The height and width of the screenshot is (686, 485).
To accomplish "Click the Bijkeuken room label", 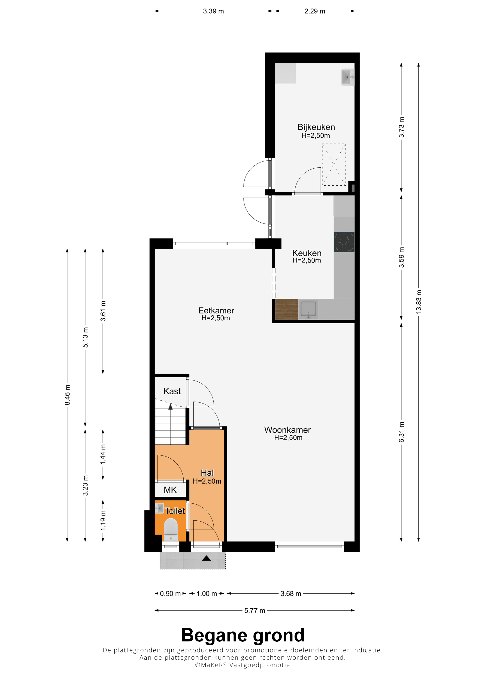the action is pos(316,127).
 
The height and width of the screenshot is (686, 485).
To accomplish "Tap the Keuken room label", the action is pos(307,253).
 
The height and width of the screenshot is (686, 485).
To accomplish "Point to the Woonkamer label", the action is pos(288,430).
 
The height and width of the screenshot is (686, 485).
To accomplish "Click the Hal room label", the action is pos(207,473).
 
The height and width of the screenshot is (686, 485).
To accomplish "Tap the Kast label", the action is pos(172,391).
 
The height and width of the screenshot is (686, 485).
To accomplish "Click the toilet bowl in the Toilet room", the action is pos(171,530).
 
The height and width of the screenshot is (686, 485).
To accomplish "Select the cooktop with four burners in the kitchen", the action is pos(344,242).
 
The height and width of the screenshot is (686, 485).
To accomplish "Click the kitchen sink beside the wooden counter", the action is pos(308,309).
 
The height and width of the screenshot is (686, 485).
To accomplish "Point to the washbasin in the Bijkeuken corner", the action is pos(348,77).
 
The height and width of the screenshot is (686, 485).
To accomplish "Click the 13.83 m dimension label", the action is pos(419,302).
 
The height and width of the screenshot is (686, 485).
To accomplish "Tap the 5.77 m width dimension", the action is pos(255,611).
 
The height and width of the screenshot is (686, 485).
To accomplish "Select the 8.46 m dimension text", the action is pos(67,395).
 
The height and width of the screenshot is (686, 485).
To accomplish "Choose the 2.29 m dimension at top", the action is pos(315,11).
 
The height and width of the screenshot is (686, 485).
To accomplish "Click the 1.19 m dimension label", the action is pos(103,521).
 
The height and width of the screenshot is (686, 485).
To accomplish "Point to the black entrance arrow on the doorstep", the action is pos(206,558).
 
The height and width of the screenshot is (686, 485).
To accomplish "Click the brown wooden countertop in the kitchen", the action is pos(287,309).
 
